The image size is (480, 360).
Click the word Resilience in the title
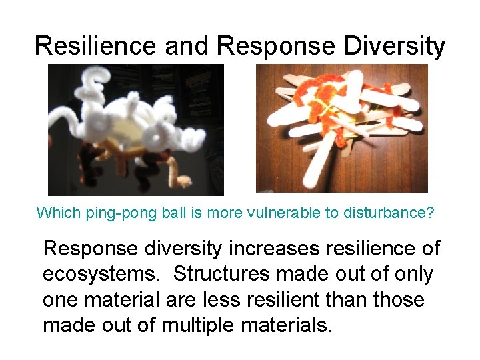pyautogui.click(x=96, y=45)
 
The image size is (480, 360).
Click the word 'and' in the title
pyautogui.click(x=189, y=45)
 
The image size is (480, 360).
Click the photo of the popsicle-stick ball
pyautogui.click(x=342, y=129)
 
